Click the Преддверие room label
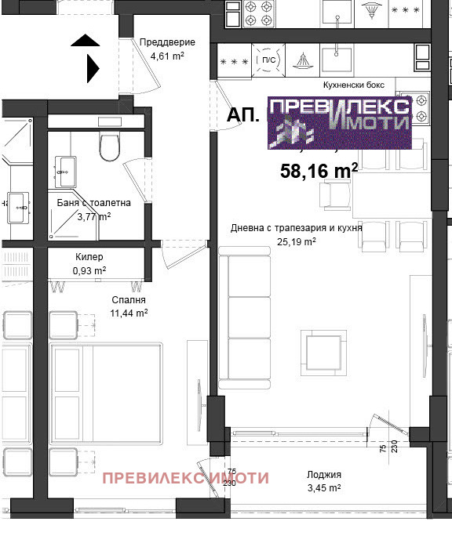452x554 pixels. (x=167, y=42)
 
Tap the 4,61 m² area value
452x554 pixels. (x=167, y=56)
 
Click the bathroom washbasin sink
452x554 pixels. (x=64, y=166)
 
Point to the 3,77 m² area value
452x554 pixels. (x=93, y=216)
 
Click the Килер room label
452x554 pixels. (x=89, y=257)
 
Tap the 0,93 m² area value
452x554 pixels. (x=89, y=270)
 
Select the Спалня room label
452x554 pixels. (x=129, y=299)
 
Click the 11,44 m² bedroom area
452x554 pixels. (x=129, y=313)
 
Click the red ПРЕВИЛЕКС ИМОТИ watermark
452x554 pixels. (x=186, y=477)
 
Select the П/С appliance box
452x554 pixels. (x=268, y=60)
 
